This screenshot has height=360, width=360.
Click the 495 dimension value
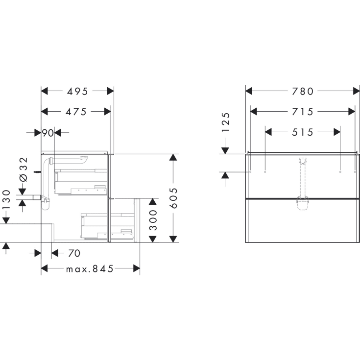[x=77, y=91]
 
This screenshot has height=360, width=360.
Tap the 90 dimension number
[x=48, y=132]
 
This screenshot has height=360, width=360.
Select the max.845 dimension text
[x=90, y=268]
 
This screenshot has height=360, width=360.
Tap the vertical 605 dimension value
[x=173, y=198]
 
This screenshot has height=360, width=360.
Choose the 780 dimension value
[x=302, y=91]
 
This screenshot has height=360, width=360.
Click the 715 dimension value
[x=302, y=112]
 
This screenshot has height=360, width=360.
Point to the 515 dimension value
[x=302, y=132]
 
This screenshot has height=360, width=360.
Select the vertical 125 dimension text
[x=225, y=122]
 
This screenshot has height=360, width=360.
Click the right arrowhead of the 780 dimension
[x=356, y=91]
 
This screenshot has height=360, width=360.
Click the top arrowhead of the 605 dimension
[x=173, y=158]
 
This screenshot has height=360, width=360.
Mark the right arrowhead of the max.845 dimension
[x=136, y=268]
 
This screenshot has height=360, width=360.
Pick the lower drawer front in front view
[x=302, y=221]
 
